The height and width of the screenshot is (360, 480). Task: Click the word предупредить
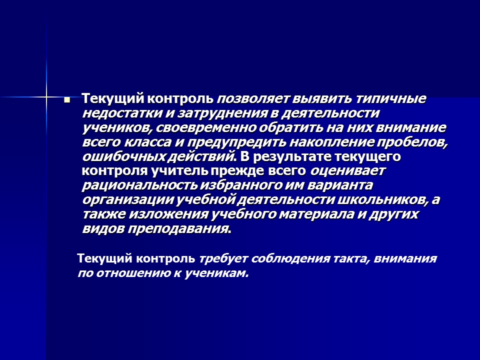(239, 142)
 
